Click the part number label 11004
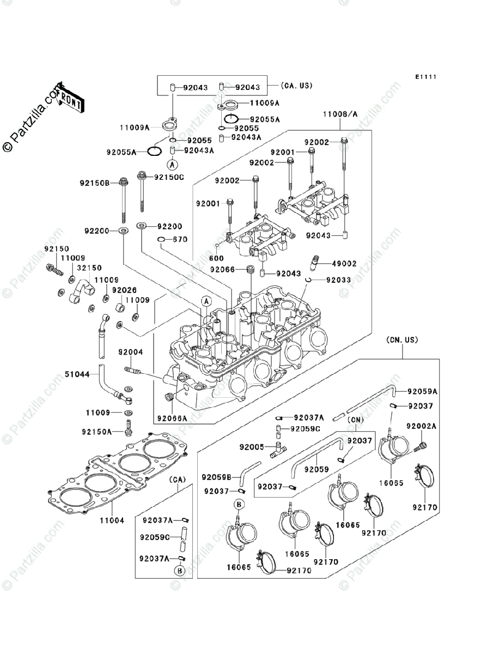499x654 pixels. pyautogui.click(x=112, y=520)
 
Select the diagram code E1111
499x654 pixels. pyautogui.click(x=426, y=77)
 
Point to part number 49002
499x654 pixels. pyautogui.click(x=344, y=264)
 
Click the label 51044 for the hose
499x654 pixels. pyautogui.click(x=77, y=374)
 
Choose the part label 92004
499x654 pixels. pyautogui.click(x=130, y=352)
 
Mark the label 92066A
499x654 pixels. pyautogui.click(x=172, y=419)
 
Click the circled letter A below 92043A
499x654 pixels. pyautogui.click(x=172, y=165)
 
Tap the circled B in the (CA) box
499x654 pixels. pyautogui.click(x=180, y=571)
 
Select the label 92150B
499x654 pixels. pyautogui.click(x=95, y=183)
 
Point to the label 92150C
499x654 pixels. pyautogui.click(x=169, y=177)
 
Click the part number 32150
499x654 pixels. pyautogui.click(x=89, y=268)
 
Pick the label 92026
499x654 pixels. pyautogui.click(x=124, y=290)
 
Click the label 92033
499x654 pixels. pyautogui.click(x=338, y=280)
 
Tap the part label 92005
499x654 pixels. pyautogui.click(x=252, y=447)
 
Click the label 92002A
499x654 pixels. pyautogui.click(x=421, y=426)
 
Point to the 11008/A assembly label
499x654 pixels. pyautogui.click(x=340, y=114)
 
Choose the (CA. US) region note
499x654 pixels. pyautogui.click(x=296, y=86)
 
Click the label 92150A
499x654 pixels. pyautogui.click(x=97, y=432)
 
